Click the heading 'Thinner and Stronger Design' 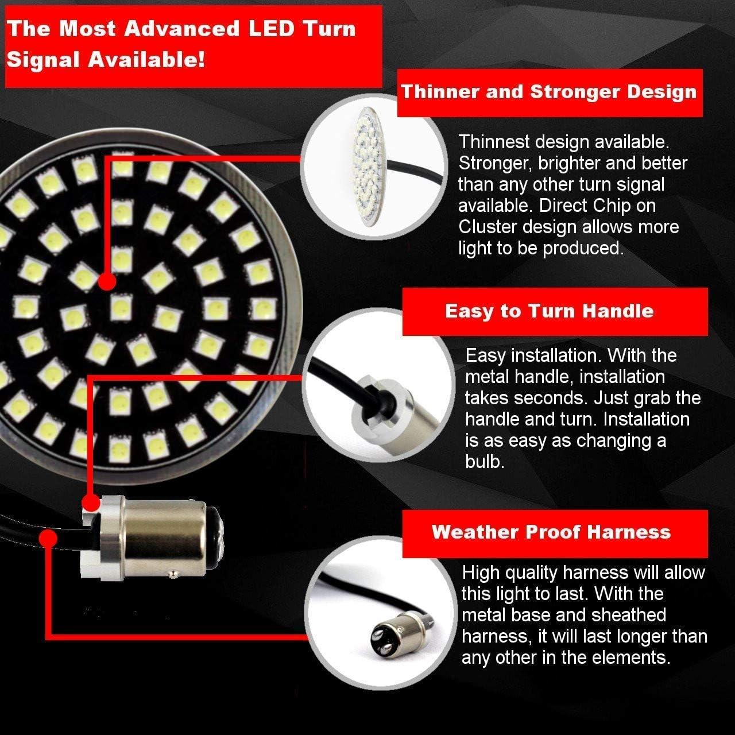point(548,92)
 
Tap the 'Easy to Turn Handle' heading point(550,311)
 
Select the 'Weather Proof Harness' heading point(551,532)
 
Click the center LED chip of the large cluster point(120,307)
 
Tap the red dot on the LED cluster point(107,282)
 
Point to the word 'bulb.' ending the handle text point(485,462)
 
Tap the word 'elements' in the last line point(632,657)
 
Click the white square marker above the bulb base point(90,504)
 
